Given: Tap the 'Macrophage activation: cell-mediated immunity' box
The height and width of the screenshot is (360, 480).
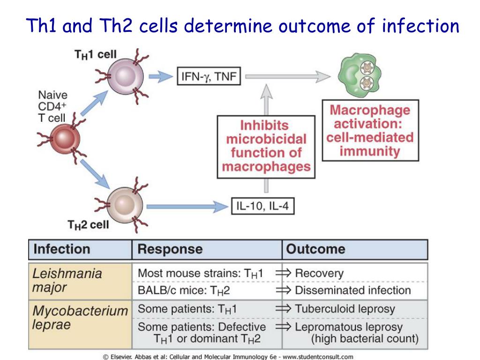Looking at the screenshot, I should [370, 131].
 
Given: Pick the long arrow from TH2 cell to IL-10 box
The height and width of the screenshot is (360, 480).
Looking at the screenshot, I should [187, 205].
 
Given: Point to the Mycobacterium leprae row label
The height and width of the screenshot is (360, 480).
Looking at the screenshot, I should [80, 317].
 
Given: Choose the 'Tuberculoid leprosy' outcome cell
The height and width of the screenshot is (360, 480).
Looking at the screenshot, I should [345, 309].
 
